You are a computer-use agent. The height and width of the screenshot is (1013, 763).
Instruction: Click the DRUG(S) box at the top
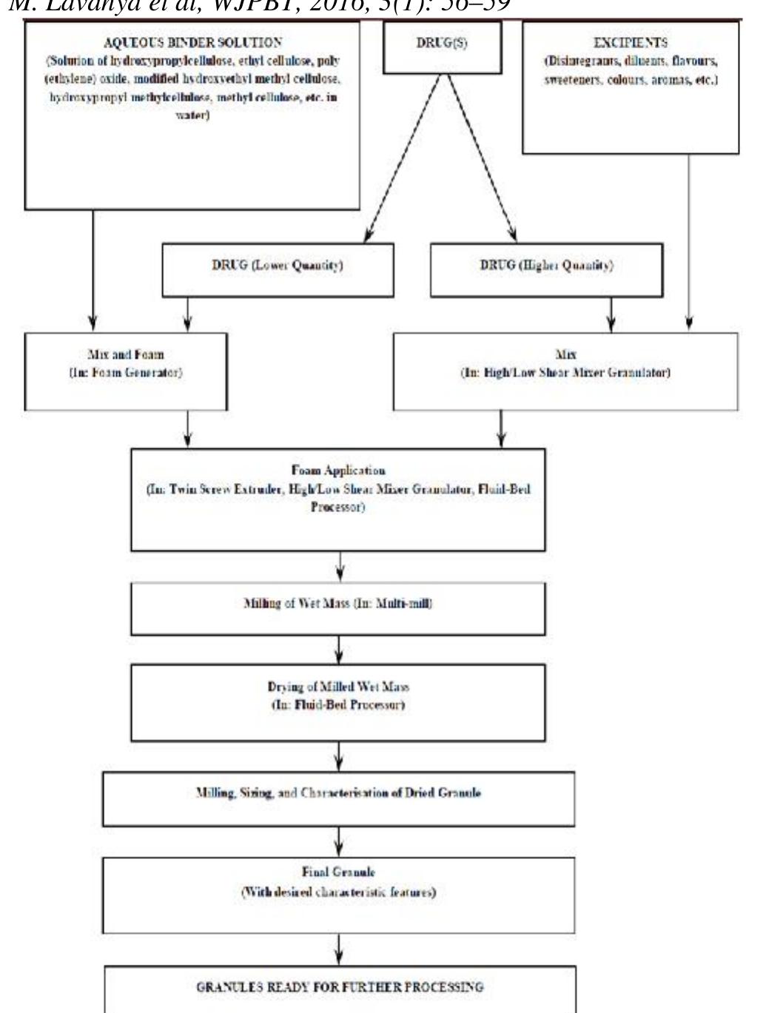(442, 46)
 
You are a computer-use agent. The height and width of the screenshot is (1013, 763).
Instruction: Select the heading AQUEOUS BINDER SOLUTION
(192, 43)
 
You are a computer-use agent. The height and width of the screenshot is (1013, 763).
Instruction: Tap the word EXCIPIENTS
(630, 44)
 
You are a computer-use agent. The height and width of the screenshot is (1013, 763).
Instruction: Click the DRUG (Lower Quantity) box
(278, 266)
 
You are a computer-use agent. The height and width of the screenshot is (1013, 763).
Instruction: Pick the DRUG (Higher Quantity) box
(546, 266)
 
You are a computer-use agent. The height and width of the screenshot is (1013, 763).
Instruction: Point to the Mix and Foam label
(125, 355)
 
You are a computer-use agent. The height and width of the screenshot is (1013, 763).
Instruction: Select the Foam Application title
(338, 471)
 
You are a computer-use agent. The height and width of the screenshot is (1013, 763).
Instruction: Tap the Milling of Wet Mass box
(338, 604)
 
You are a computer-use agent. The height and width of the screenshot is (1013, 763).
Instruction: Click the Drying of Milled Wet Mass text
(338, 687)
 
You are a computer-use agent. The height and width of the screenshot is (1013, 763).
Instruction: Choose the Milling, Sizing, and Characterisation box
(338, 793)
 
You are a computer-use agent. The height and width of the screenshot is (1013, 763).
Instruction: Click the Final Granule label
(338, 873)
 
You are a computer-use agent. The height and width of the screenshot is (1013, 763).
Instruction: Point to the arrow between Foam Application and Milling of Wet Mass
(339, 567)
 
